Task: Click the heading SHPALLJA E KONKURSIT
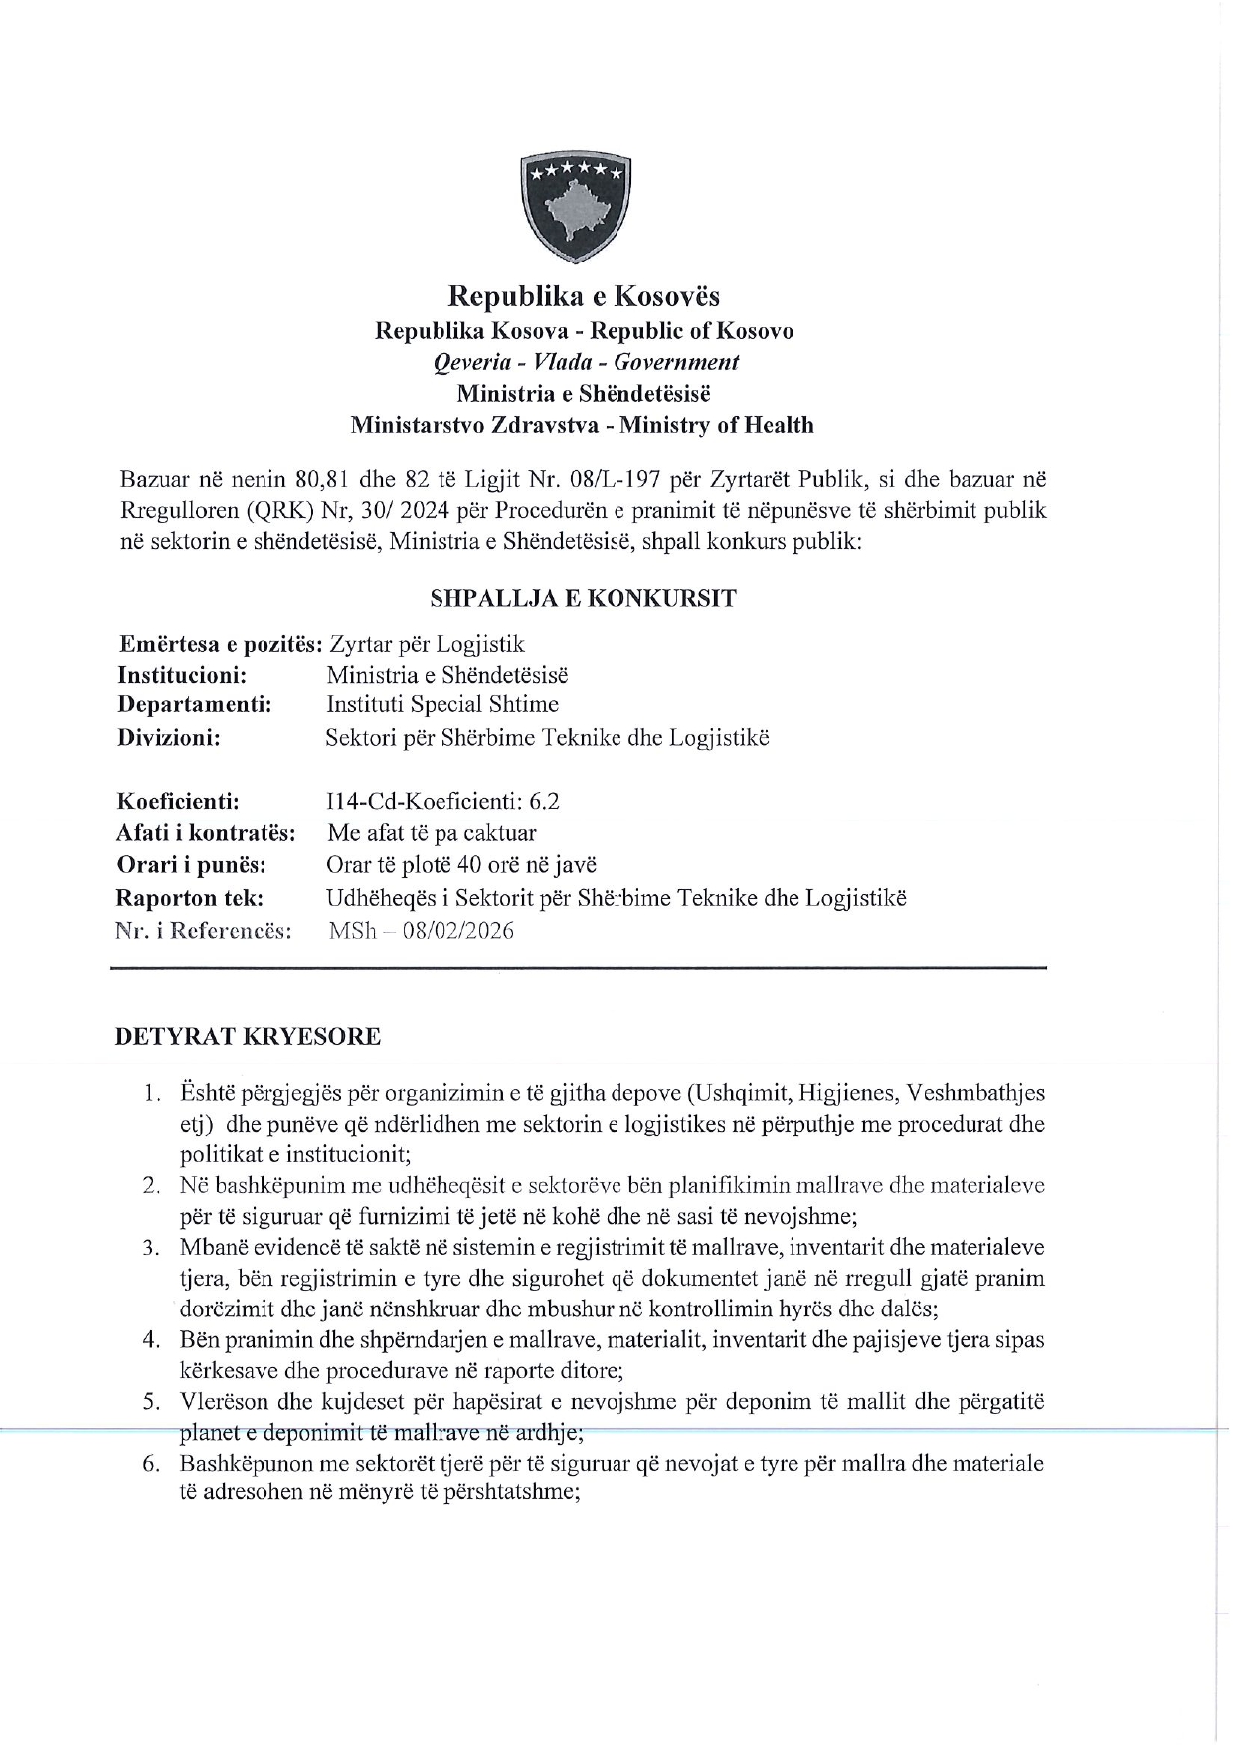(583, 598)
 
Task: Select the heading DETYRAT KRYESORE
(248, 1036)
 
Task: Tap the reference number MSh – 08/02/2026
(421, 931)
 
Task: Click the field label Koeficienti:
(178, 801)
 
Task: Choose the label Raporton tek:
(190, 898)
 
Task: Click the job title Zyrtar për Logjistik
(427, 644)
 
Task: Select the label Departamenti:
(195, 704)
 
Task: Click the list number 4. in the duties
(151, 1339)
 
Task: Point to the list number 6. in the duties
(151, 1464)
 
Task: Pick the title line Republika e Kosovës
(584, 296)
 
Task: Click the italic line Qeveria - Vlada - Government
(586, 362)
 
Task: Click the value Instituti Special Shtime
(442, 704)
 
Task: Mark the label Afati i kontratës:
(206, 833)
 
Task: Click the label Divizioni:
(169, 737)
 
